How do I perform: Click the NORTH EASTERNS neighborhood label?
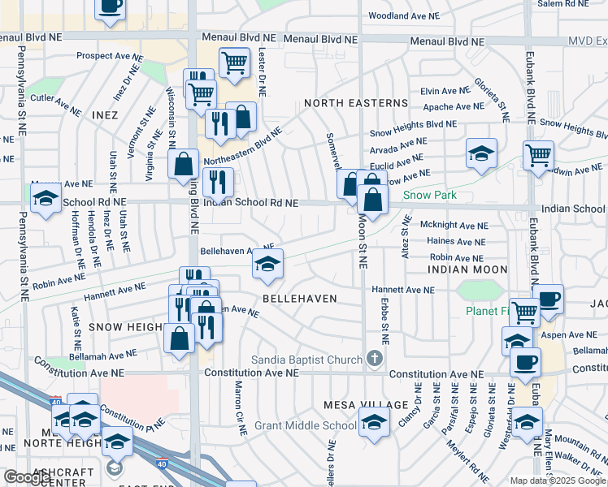pyautogui.click(x=356, y=103)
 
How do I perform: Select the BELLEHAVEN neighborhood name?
pyautogui.click(x=299, y=299)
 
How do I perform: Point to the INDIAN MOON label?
pyautogui.click(x=467, y=269)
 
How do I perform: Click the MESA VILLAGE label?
pyautogui.click(x=366, y=404)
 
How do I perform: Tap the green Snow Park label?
pyautogui.click(x=430, y=195)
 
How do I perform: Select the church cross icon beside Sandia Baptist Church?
pyautogui.click(x=374, y=358)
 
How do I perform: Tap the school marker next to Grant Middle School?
pyautogui.click(x=373, y=422)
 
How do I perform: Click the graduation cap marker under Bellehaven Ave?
pyautogui.click(x=268, y=263)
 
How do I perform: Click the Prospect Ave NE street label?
pyautogui.click(x=111, y=56)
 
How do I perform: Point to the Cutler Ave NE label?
pyautogui.click(x=55, y=101)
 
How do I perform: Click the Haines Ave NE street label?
pyautogui.click(x=457, y=241)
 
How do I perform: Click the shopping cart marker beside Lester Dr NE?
pyautogui.click(x=234, y=61)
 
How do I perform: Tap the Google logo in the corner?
pyautogui.click(x=28, y=476)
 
